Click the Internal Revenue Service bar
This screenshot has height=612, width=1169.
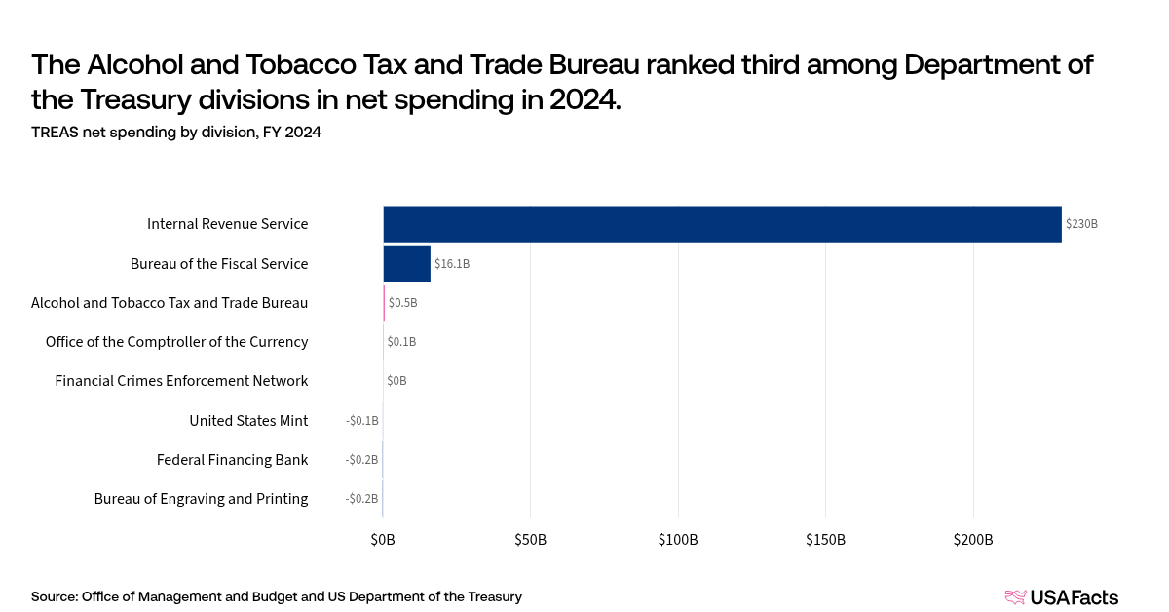pos(722,224)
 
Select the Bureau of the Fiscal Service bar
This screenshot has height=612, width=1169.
pos(406,263)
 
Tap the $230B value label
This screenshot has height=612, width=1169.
pos(1081,224)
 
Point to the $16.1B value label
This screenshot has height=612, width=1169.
pos(452,264)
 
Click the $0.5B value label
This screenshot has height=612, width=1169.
pos(402,303)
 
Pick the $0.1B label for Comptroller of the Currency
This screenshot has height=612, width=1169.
pos(401,342)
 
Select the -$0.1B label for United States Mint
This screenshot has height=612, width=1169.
pos(362,421)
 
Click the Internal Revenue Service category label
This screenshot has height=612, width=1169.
pos(227,224)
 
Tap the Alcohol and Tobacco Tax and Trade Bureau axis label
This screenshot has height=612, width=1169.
pos(170,303)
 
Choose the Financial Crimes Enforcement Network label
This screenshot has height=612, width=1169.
pos(181,381)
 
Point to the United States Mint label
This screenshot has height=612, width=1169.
pos(248,421)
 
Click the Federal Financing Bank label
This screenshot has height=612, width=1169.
pos(232,460)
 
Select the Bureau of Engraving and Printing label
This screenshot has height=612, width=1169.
pos(201,499)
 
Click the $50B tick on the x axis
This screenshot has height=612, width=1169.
pos(530,540)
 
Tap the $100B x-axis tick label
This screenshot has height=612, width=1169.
pos(678,540)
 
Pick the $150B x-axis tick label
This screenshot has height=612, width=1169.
pos(825,540)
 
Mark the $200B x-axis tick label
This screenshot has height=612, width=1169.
pos(973,540)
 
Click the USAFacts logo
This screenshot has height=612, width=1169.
pos(1061,597)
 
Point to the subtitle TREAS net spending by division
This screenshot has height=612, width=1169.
pos(176,134)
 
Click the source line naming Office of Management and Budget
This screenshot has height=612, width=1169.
pos(277,596)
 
